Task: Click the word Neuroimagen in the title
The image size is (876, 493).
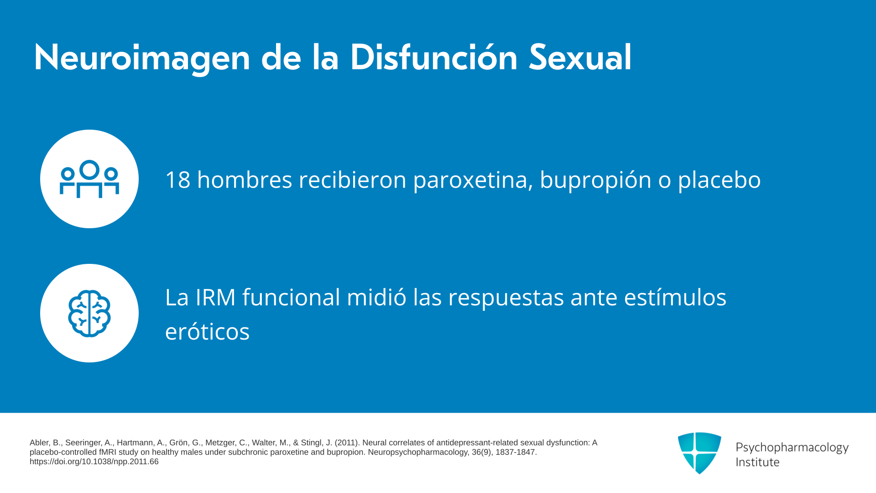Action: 142,58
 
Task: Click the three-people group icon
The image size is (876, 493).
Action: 89,179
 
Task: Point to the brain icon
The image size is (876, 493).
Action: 89,314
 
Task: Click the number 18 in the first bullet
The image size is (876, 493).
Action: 177,179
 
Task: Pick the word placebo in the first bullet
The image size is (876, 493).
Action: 719,180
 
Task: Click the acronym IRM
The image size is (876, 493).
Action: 215,297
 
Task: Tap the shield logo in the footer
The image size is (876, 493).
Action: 699,453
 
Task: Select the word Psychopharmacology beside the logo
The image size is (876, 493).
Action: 792,448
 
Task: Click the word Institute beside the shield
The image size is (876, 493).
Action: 757,462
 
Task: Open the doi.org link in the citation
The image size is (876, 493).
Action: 94,462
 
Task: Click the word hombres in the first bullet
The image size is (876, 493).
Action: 245,179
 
